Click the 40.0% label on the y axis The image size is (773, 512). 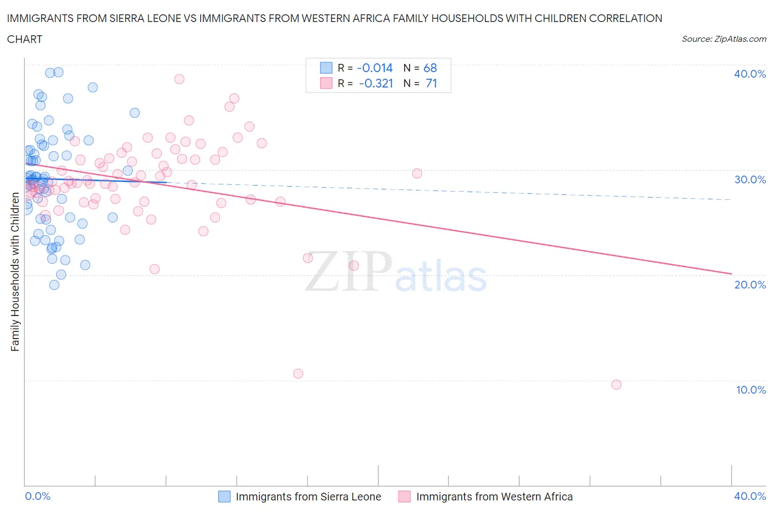(750, 74)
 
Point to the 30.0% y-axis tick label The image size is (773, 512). (750, 179)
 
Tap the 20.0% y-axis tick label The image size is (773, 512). (750, 285)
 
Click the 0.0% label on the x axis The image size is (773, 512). (37, 496)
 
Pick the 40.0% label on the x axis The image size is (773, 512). (750, 496)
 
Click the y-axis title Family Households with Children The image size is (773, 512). (15, 272)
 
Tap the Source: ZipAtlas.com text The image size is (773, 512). (724, 39)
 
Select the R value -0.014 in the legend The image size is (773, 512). (374, 68)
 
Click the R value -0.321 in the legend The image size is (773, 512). (376, 83)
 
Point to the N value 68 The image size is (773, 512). (430, 68)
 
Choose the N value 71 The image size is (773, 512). (431, 83)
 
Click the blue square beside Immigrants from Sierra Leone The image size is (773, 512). (224, 497)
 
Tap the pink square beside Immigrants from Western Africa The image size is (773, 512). (405, 497)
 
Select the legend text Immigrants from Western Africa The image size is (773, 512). (494, 497)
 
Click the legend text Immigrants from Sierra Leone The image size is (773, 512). (308, 497)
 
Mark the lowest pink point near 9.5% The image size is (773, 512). (616, 384)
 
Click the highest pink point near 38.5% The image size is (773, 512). (179, 79)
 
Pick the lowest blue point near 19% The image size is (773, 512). (54, 285)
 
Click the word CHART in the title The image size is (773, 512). (25, 39)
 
